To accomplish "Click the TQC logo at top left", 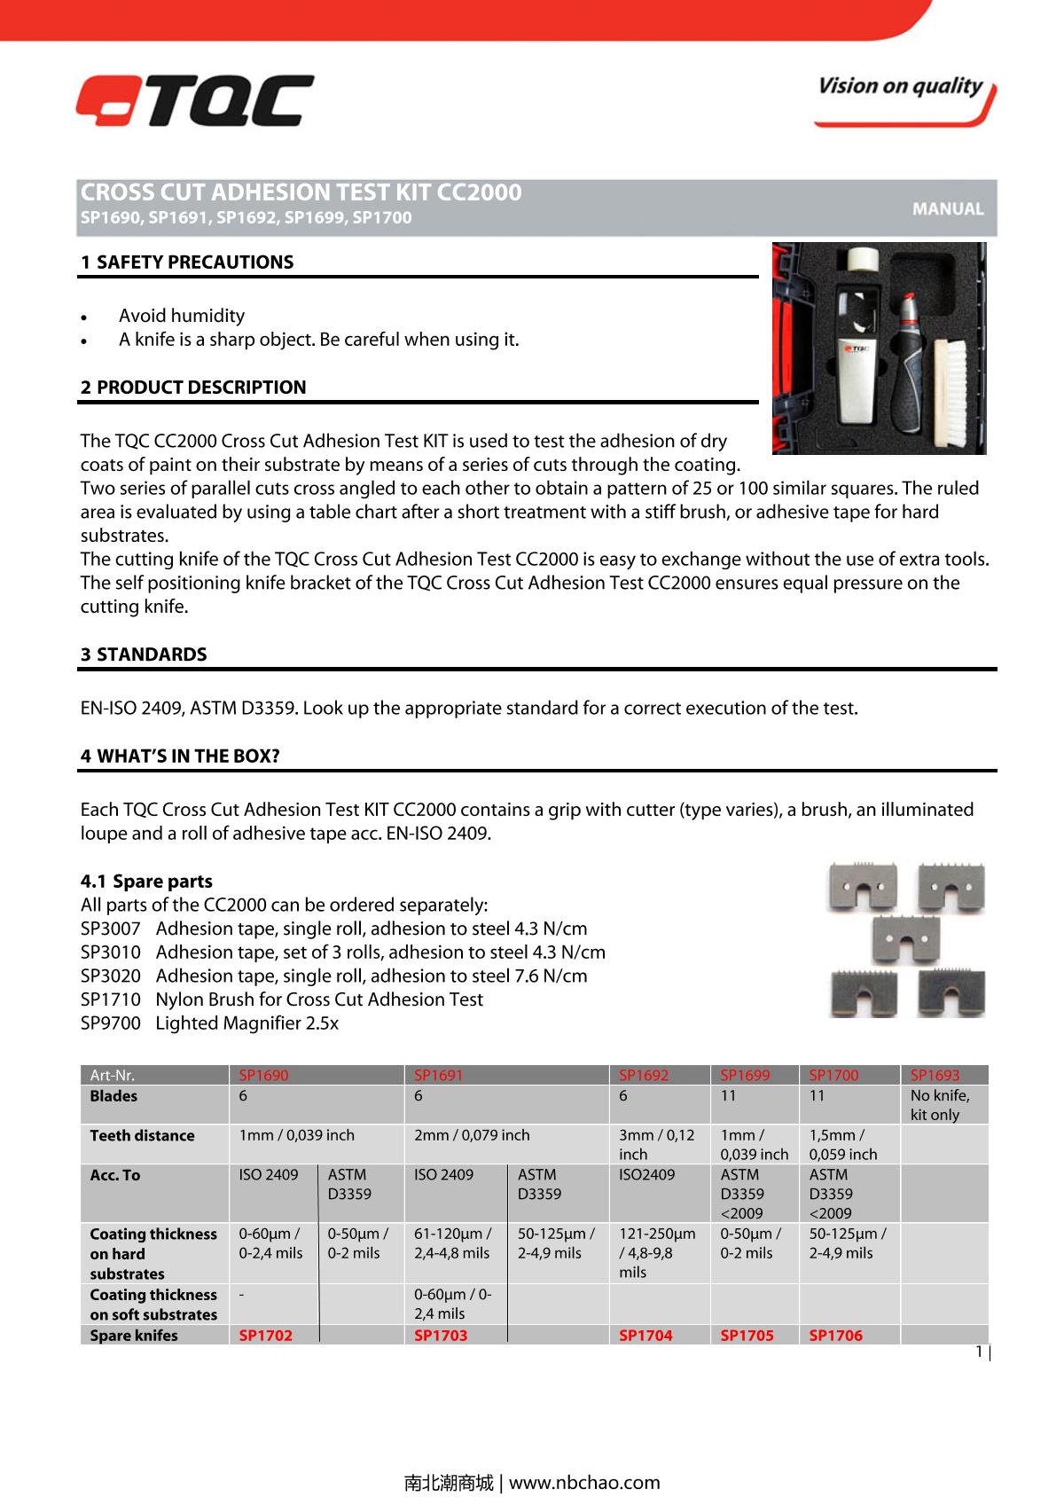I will [194, 100].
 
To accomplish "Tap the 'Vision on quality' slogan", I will [900, 87].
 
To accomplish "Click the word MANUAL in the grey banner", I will [948, 209].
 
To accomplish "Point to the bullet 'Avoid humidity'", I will [182, 316].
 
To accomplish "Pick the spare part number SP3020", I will [110, 976].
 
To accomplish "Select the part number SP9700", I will [110, 1023].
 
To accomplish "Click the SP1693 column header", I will [935, 1075].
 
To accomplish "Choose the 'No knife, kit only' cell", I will [940, 1105].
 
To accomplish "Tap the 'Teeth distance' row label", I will [142, 1135].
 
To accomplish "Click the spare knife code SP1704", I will [645, 1335].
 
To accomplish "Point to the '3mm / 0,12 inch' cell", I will [656, 1144].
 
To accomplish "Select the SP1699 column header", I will [745, 1075].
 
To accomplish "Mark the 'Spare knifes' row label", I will [133, 1335].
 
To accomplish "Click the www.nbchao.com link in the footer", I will [584, 1482].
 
